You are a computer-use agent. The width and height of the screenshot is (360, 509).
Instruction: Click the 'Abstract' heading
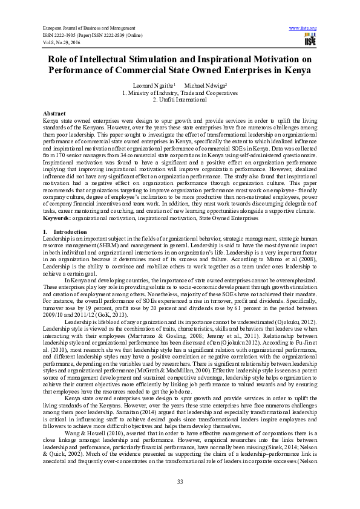[x=54, y=114]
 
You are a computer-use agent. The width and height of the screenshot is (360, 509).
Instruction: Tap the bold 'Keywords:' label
[x=56, y=218]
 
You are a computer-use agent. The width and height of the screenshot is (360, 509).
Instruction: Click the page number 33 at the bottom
[x=180, y=481]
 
